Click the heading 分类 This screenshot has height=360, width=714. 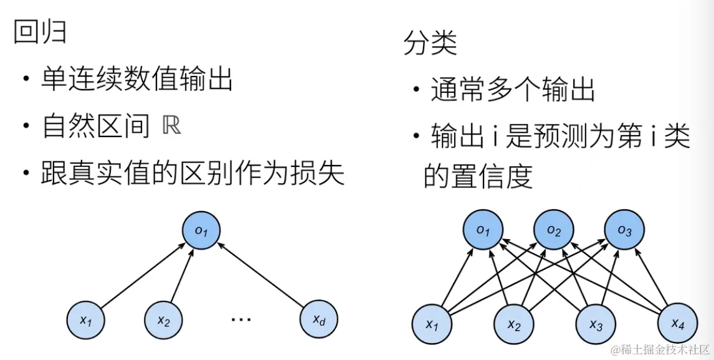430,43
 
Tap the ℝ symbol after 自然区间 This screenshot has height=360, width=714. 172,126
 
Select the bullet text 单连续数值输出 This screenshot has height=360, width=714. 137,80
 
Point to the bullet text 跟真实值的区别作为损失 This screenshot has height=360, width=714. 193,174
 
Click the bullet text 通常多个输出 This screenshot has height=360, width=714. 513,91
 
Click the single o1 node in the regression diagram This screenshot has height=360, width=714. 201,231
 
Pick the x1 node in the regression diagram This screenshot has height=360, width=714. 86,321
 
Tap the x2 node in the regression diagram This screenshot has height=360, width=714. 163,321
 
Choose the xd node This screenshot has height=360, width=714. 319,321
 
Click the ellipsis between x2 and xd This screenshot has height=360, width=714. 240,320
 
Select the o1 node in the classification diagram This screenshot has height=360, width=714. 483,231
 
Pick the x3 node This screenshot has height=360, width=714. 596,324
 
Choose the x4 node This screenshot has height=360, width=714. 678,323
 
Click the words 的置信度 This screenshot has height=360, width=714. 478,176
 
